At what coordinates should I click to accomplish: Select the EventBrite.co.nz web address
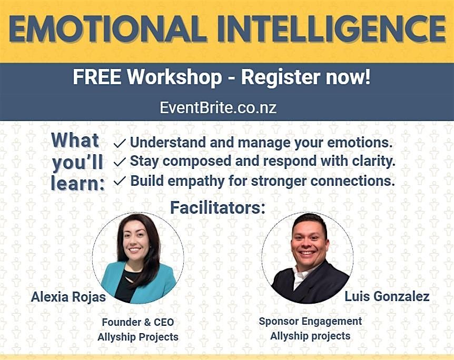(218, 107)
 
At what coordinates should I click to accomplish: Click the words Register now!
(306, 77)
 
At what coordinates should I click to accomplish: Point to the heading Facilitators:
(218, 207)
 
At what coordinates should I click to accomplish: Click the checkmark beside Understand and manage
(120, 143)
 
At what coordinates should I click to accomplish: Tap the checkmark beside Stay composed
(120, 162)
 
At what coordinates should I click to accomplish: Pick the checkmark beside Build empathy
(120, 181)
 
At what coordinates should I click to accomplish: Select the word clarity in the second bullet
(373, 161)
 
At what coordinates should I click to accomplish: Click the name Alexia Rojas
(68, 297)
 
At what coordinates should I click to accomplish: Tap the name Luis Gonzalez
(387, 296)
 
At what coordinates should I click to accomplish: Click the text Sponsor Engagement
(310, 321)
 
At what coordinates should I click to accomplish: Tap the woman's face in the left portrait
(136, 242)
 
